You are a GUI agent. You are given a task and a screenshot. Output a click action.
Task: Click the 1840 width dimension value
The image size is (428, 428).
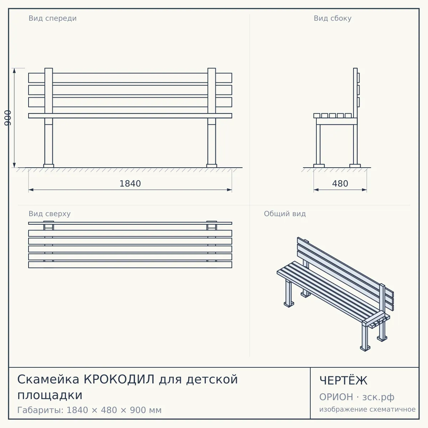130,184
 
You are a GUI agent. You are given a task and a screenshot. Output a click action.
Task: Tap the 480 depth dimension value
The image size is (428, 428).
340,184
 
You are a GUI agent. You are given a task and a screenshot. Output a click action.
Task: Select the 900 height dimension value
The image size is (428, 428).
8,118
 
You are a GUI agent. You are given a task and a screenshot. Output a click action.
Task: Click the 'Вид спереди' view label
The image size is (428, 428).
53,18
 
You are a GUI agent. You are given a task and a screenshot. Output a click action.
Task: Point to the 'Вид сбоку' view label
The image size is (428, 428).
332,18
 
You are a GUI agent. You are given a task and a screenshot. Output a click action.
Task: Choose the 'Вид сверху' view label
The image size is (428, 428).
50,214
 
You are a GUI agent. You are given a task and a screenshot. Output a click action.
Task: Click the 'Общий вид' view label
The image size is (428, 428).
285,214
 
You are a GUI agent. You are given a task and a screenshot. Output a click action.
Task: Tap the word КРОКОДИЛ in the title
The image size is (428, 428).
119,379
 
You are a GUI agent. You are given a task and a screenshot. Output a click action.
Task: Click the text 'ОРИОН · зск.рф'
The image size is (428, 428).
357,397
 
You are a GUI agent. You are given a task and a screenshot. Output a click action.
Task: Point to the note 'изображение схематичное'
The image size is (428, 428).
367,409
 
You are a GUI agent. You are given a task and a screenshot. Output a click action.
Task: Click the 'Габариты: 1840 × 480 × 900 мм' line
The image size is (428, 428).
90,410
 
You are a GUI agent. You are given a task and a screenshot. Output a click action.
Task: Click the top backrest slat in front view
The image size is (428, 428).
130,78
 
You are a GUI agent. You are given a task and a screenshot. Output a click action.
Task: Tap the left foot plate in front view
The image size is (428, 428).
49,166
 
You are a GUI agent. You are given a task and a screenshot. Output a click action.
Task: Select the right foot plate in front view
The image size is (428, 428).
212,166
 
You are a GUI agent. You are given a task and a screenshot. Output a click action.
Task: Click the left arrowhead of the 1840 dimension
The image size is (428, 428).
31,190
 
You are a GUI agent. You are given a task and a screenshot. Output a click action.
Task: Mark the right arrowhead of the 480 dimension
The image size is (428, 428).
365,190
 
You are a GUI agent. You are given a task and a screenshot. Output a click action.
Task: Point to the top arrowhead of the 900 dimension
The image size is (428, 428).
14,70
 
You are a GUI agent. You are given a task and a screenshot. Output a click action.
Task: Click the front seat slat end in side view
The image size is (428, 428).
317,116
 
